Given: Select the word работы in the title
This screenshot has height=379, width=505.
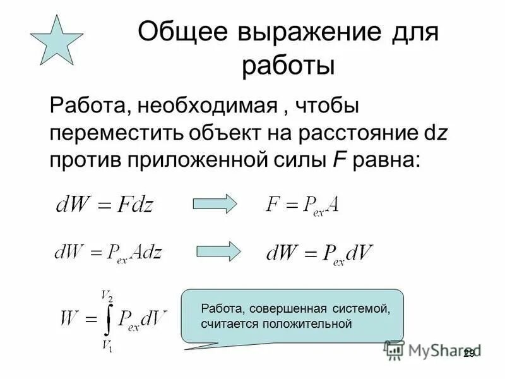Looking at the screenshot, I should pos(288,65).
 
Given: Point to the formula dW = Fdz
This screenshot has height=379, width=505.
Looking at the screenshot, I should pos(105,203).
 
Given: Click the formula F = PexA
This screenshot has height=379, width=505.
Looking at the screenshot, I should pos(304,205).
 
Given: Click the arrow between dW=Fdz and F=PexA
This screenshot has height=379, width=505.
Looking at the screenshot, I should pos(214,203).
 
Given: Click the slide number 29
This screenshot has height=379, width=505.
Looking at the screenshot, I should pos(468,354).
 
